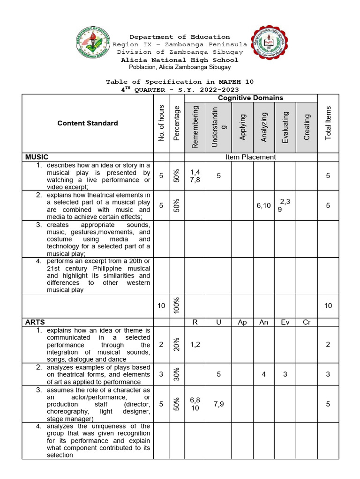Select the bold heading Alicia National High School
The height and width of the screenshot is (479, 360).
click(x=180, y=60)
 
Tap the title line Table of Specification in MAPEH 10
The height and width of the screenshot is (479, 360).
click(x=180, y=82)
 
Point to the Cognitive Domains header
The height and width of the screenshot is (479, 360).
click(x=251, y=98)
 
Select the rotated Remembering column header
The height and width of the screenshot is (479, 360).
click(x=195, y=127)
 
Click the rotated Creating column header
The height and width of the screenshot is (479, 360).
click(x=307, y=127)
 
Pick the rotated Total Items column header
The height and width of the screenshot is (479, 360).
click(x=328, y=123)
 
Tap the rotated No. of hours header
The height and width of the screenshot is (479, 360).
click(x=161, y=123)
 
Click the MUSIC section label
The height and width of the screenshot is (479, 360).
click(x=37, y=157)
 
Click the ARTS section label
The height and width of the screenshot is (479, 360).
click(x=35, y=322)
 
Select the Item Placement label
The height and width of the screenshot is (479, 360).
click(x=251, y=157)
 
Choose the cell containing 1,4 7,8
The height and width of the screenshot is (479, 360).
click(x=195, y=176)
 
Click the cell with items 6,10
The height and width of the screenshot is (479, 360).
click(x=263, y=205)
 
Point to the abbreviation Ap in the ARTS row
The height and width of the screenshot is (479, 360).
click(x=242, y=322)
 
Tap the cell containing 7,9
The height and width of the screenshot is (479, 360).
click(x=218, y=404)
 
